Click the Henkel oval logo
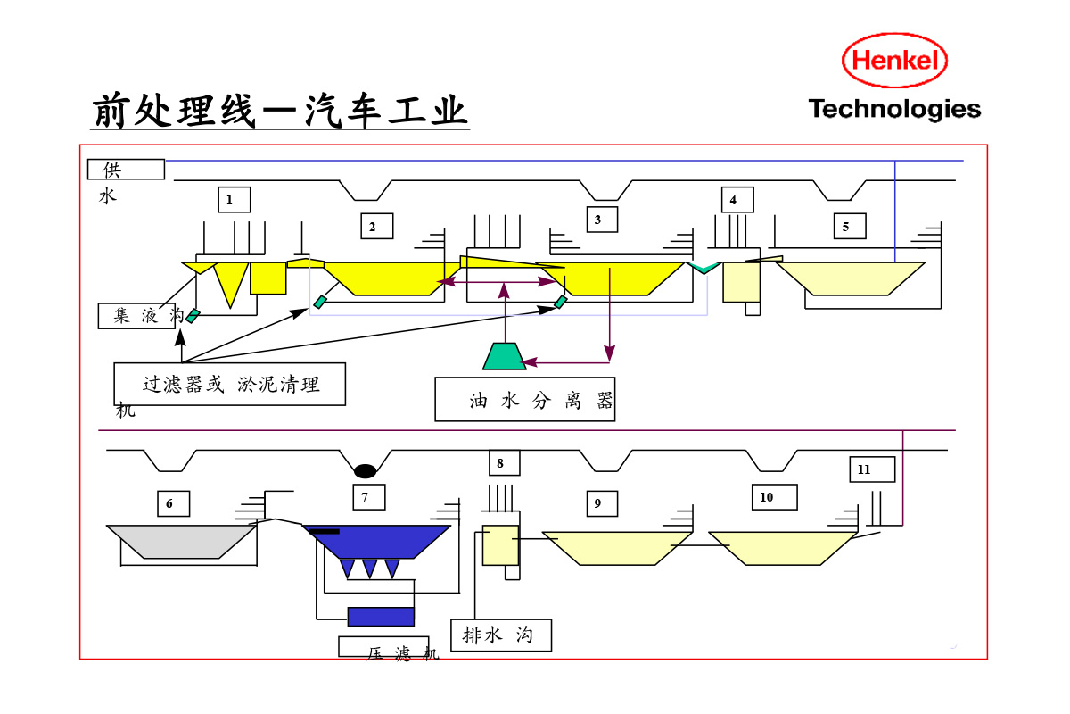[x=894, y=60]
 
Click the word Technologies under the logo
[x=894, y=110]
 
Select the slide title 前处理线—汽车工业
[x=281, y=112]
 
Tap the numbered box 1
[x=234, y=200]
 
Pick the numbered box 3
[x=601, y=219]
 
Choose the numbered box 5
[x=846, y=227]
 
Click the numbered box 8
[x=503, y=462]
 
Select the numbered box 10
[x=773, y=497]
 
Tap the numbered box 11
[x=871, y=469]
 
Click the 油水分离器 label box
[x=524, y=399]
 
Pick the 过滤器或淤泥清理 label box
[x=229, y=384]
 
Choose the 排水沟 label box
[x=500, y=635]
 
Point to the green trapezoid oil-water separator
[x=505, y=355]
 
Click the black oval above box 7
[x=366, y=470]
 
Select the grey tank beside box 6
[x=181, y=541]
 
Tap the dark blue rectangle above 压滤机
[x=381, y=616]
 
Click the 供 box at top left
[x=126, y=169]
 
